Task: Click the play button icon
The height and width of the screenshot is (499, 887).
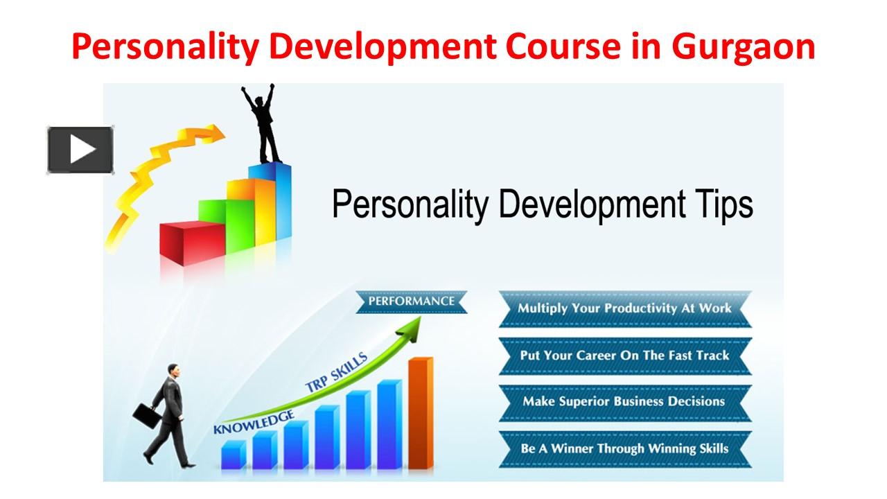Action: [80, 150]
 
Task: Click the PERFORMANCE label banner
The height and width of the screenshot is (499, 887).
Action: [411, 301]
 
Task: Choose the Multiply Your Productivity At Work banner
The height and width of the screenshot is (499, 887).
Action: [624, 308]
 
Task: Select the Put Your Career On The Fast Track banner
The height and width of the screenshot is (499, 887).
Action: [624, 356]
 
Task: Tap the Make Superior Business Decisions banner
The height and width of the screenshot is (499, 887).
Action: [624, 401]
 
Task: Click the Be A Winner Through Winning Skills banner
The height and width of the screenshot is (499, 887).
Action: [624, 448]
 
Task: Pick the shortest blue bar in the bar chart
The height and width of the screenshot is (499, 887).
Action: [233, 455]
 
